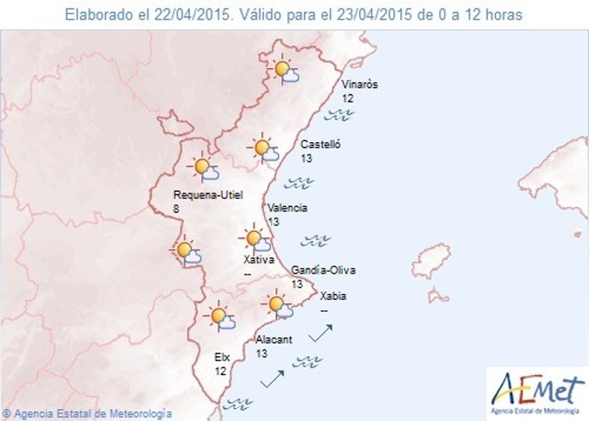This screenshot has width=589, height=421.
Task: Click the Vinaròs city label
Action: [359, 85]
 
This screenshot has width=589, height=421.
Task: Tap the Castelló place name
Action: [321, 145]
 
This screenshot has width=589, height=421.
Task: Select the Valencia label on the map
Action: [287, 208]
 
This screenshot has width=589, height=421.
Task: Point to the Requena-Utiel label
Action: [207, 195]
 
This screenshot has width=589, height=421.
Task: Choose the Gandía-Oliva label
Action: [324, 271]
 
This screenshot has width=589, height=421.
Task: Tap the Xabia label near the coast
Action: [333, 297]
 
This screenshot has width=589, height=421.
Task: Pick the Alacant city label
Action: [274, 339]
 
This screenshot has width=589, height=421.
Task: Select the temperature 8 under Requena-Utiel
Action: [176, 208]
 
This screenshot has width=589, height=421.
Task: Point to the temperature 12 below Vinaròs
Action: [347, 99]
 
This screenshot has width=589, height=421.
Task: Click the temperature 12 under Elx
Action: [220, 372]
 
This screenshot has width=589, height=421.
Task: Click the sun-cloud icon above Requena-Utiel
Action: [204, 169]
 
